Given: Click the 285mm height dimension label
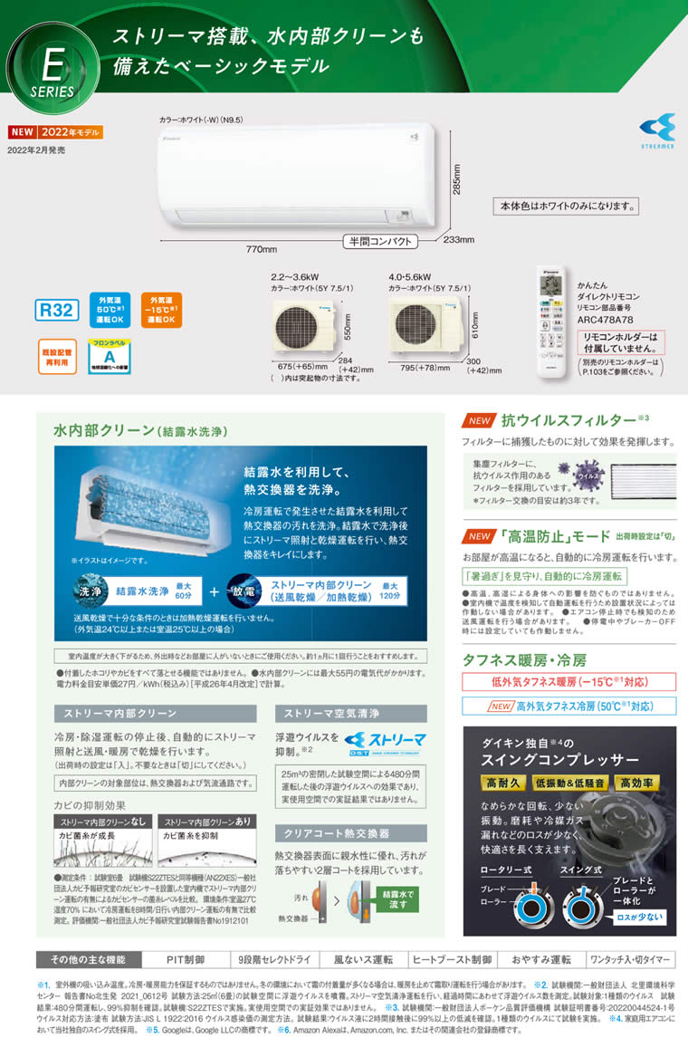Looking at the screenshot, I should pyautogui.click(x=457, y=179).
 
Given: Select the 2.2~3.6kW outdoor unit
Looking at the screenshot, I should pyautogui.click(x=311, y=330).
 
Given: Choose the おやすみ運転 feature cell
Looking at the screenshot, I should pyautogui.click(x=540, y=959).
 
